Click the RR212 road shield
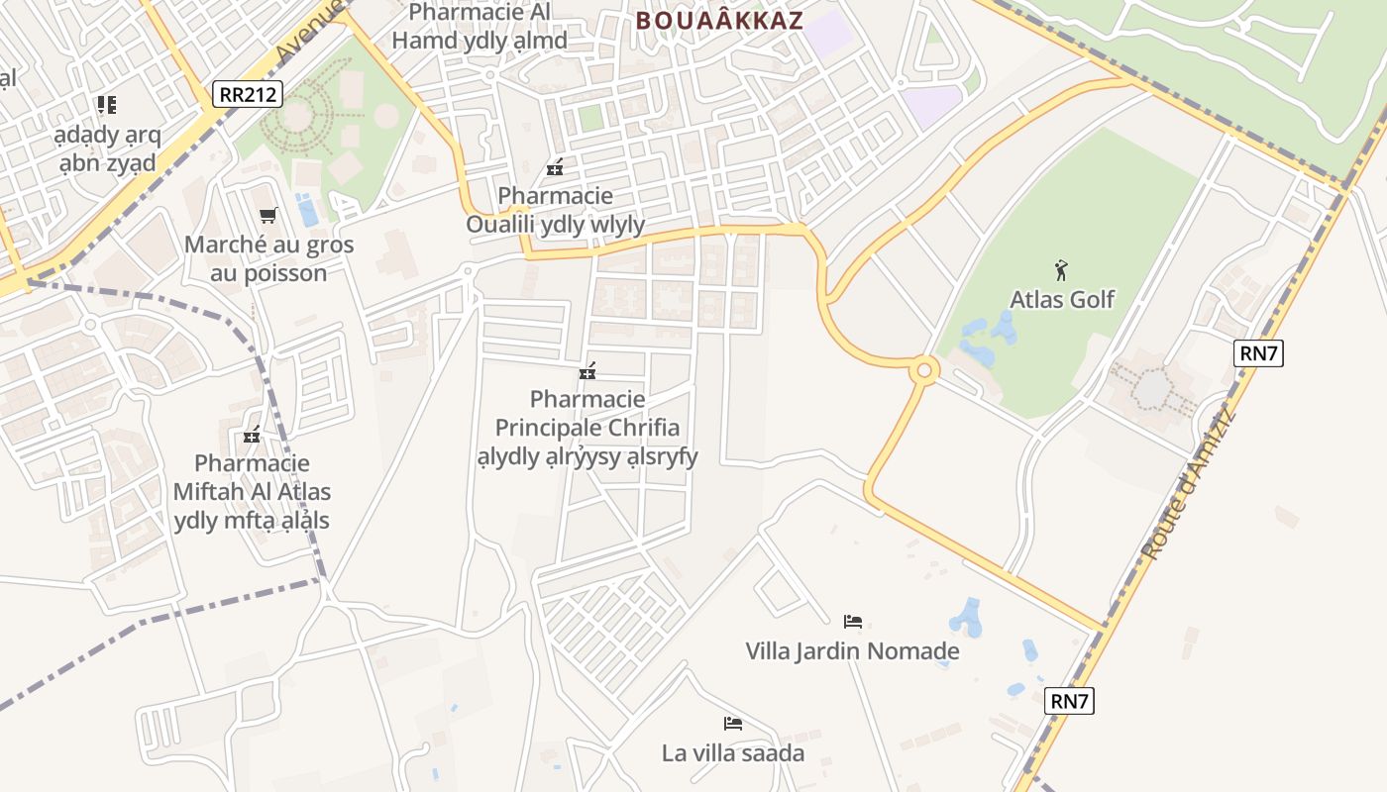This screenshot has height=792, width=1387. (248, 95)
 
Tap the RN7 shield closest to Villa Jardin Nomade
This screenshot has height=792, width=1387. (1069, 702)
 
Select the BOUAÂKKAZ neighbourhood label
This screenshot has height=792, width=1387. (719, 21)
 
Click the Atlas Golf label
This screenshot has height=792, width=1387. (1062, 299)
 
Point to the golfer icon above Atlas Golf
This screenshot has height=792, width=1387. (1061, 268)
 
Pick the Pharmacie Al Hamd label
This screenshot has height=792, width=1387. (480, 27)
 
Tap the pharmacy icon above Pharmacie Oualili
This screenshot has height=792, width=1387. (555, 167)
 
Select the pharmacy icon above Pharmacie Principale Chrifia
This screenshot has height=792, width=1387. (587, 372)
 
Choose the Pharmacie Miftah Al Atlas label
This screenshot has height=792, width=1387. (252, 492)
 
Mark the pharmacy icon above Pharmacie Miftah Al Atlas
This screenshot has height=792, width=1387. (252, 435)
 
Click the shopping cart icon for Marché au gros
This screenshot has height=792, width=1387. (267, 215)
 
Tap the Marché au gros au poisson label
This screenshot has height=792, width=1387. (268, 258)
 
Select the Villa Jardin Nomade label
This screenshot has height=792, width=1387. (852, 650)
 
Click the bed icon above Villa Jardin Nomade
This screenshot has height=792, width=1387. (852, 622)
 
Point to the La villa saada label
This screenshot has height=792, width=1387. (733, 753)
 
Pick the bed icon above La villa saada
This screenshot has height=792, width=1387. (733, 724)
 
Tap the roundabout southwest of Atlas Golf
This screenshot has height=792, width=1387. (924, 370)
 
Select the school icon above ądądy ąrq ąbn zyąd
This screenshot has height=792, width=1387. (106, 104)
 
